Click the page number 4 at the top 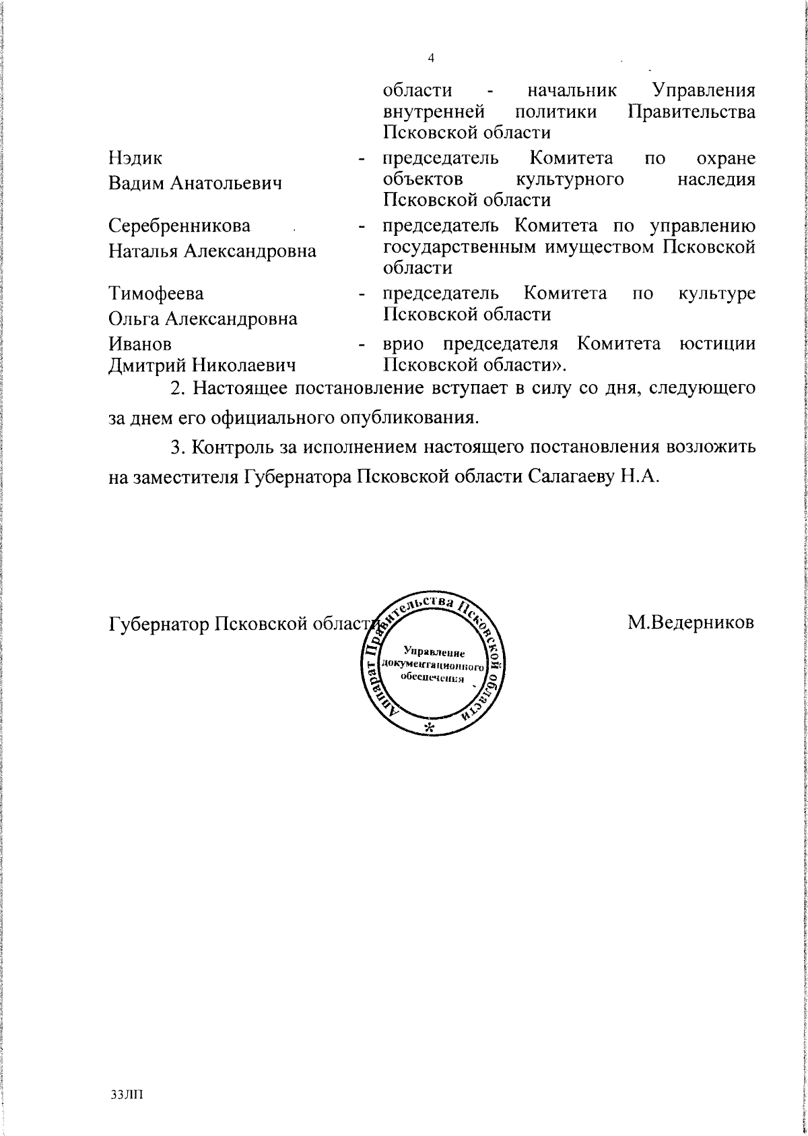tap(431, 59)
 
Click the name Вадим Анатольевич tap(195, 183)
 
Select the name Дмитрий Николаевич tap(203, 366)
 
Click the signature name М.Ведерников tap(691, 623)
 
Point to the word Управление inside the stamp tap(434, 652)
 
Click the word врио tap(403, 344)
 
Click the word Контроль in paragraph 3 tap(234, 447)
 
